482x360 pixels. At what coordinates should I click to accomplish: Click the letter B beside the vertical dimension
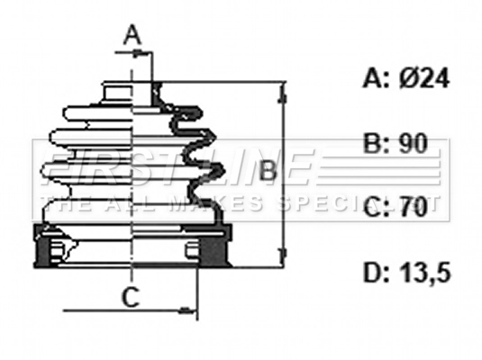tap(268, 170)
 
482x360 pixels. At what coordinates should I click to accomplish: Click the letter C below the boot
tap(131, 297)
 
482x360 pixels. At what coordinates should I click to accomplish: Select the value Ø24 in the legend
tap(419, 79)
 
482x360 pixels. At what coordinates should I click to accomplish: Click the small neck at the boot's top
tap(118, 90)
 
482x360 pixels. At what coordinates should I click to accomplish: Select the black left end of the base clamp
tap(41, 249)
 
